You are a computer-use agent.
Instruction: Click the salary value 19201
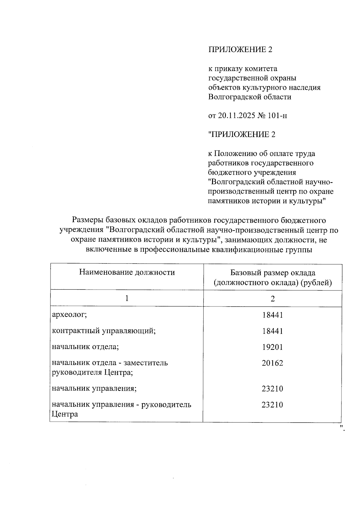click(272, 347)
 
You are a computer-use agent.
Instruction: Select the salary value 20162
click(272, 363)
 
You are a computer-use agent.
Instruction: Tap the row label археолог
click(70, 315)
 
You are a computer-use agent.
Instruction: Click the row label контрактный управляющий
click(104, 331)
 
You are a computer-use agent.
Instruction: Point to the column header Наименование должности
click(127, 272)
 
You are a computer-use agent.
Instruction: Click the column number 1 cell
click(127, 299)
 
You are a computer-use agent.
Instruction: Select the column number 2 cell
click(273, 299)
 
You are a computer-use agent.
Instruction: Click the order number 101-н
click(277, 116)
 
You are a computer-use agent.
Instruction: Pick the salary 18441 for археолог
click(272, 315)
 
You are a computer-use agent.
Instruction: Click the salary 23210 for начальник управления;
click(272, 389)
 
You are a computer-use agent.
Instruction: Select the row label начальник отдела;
click(85, 347)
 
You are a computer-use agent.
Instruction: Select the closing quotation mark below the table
click(342, 428)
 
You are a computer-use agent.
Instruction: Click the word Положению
click(237, 154)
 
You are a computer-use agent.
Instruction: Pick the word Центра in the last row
click(65, 414)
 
